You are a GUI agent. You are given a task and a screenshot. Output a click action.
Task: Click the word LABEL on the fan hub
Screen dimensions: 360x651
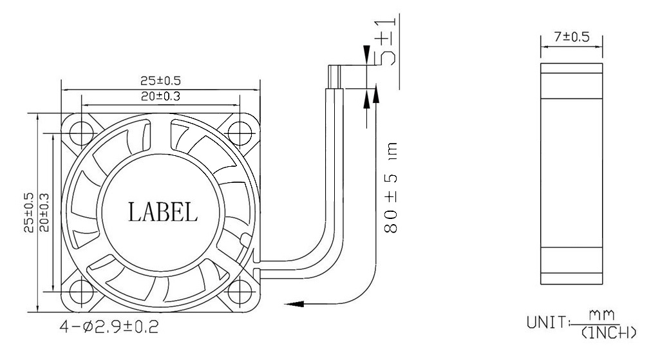162,211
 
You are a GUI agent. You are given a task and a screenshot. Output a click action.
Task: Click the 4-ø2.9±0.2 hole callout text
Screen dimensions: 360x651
107,327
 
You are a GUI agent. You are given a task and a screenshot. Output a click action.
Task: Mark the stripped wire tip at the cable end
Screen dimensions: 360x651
335,77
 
